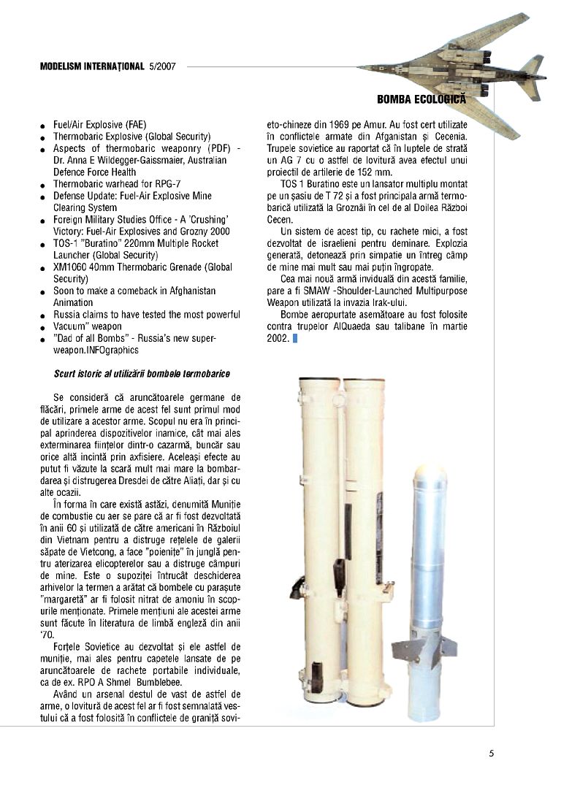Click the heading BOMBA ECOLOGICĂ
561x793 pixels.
pos(421,98)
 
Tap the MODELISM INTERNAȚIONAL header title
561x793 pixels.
pos(92,66)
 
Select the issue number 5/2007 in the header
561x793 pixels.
pos(162,66)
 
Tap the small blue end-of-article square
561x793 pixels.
pos(296,338)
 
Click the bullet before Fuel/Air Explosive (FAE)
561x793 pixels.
pos(44,127)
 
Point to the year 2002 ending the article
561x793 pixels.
pos(278,338)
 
